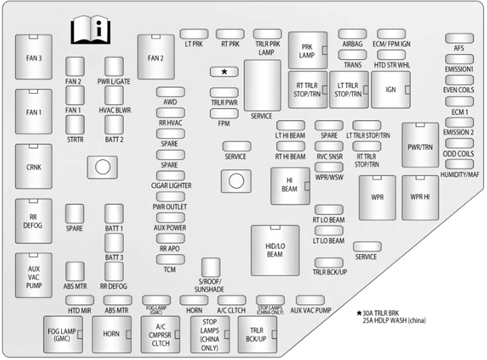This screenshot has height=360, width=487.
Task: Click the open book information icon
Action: pyautogui.click(x=90, y=30)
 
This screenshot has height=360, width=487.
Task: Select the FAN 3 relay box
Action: pyautogui.click(x=34, y=57)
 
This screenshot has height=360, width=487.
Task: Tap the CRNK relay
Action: pyautogui.click(x=34, y=166)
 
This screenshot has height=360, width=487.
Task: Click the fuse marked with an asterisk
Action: pyautogui.click(x=224, y=72)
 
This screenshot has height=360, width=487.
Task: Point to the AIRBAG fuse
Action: pyautogui.click(x=353, y=34)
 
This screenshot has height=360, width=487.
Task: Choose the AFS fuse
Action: pyautogui.click(x=459, y=38)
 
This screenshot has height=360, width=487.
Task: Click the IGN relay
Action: pyautogui.click(x=391, y=90)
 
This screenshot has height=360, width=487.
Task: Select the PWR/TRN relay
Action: pyautogui.click(x=420, y=145)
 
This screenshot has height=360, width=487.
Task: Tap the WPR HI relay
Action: pyautogui.click(x=420, y=198)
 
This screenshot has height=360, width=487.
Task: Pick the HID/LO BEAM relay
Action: pyautogui.click(x=275, y=250)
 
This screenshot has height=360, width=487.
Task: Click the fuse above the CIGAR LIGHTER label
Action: pyautogui.click(x=171, y=175)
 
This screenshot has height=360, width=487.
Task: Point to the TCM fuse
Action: pyautogui.click(x=171, y=259)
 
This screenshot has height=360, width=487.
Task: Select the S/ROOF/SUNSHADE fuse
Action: pyautogui.click(x=210, y=267)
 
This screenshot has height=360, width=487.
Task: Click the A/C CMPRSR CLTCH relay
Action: pyautogui.click(x=160, y=335)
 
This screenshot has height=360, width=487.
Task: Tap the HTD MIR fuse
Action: pyautogui.click(x=80, y=300)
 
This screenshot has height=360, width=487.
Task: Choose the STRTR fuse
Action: pyautogui.click(x=75, y=125)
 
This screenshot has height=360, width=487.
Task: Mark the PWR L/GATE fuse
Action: pyautogui.click(x=114, y=66)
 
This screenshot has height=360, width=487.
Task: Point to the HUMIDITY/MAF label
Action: pyautogui.click(x=460, y=175)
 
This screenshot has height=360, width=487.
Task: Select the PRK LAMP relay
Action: pyautogui.click(x=308, y=50)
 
